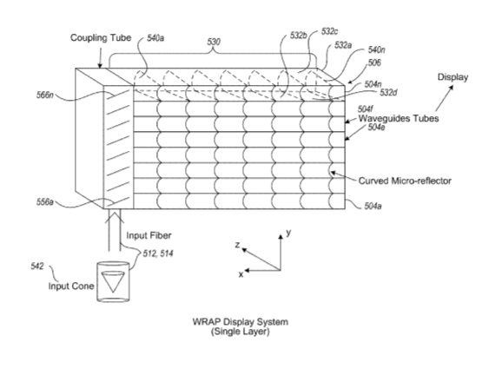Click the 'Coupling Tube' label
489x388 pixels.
[x=101, y=38]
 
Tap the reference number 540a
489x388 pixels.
[x=155, y=38]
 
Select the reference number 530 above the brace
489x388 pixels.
[x=214, y=42]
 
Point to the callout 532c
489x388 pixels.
[x=330, y=31]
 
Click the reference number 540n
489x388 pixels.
[x=376, y=49]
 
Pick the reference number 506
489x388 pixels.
[x=374, y=63]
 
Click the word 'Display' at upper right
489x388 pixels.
[x=453, y=77]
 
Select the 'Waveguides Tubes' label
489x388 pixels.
[x=399, y=118]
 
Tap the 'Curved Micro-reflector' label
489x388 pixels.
[x=405, y=181]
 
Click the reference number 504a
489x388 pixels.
[x=373, y=207]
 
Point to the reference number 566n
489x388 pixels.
[x=45, y=95]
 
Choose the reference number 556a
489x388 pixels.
[x=45, y=202]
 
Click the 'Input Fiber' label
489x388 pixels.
[x=149, y=235]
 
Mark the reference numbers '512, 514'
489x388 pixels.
[x=158, y=253]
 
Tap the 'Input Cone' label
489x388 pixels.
[x=71, y=286]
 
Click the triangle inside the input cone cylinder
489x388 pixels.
[x=113, y=282]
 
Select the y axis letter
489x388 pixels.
[x=288, y=233]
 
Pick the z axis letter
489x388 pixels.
[x=238, y=245]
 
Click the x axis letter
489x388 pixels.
[x=241, y=274]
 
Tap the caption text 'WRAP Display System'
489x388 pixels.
[x=240, y=322]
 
